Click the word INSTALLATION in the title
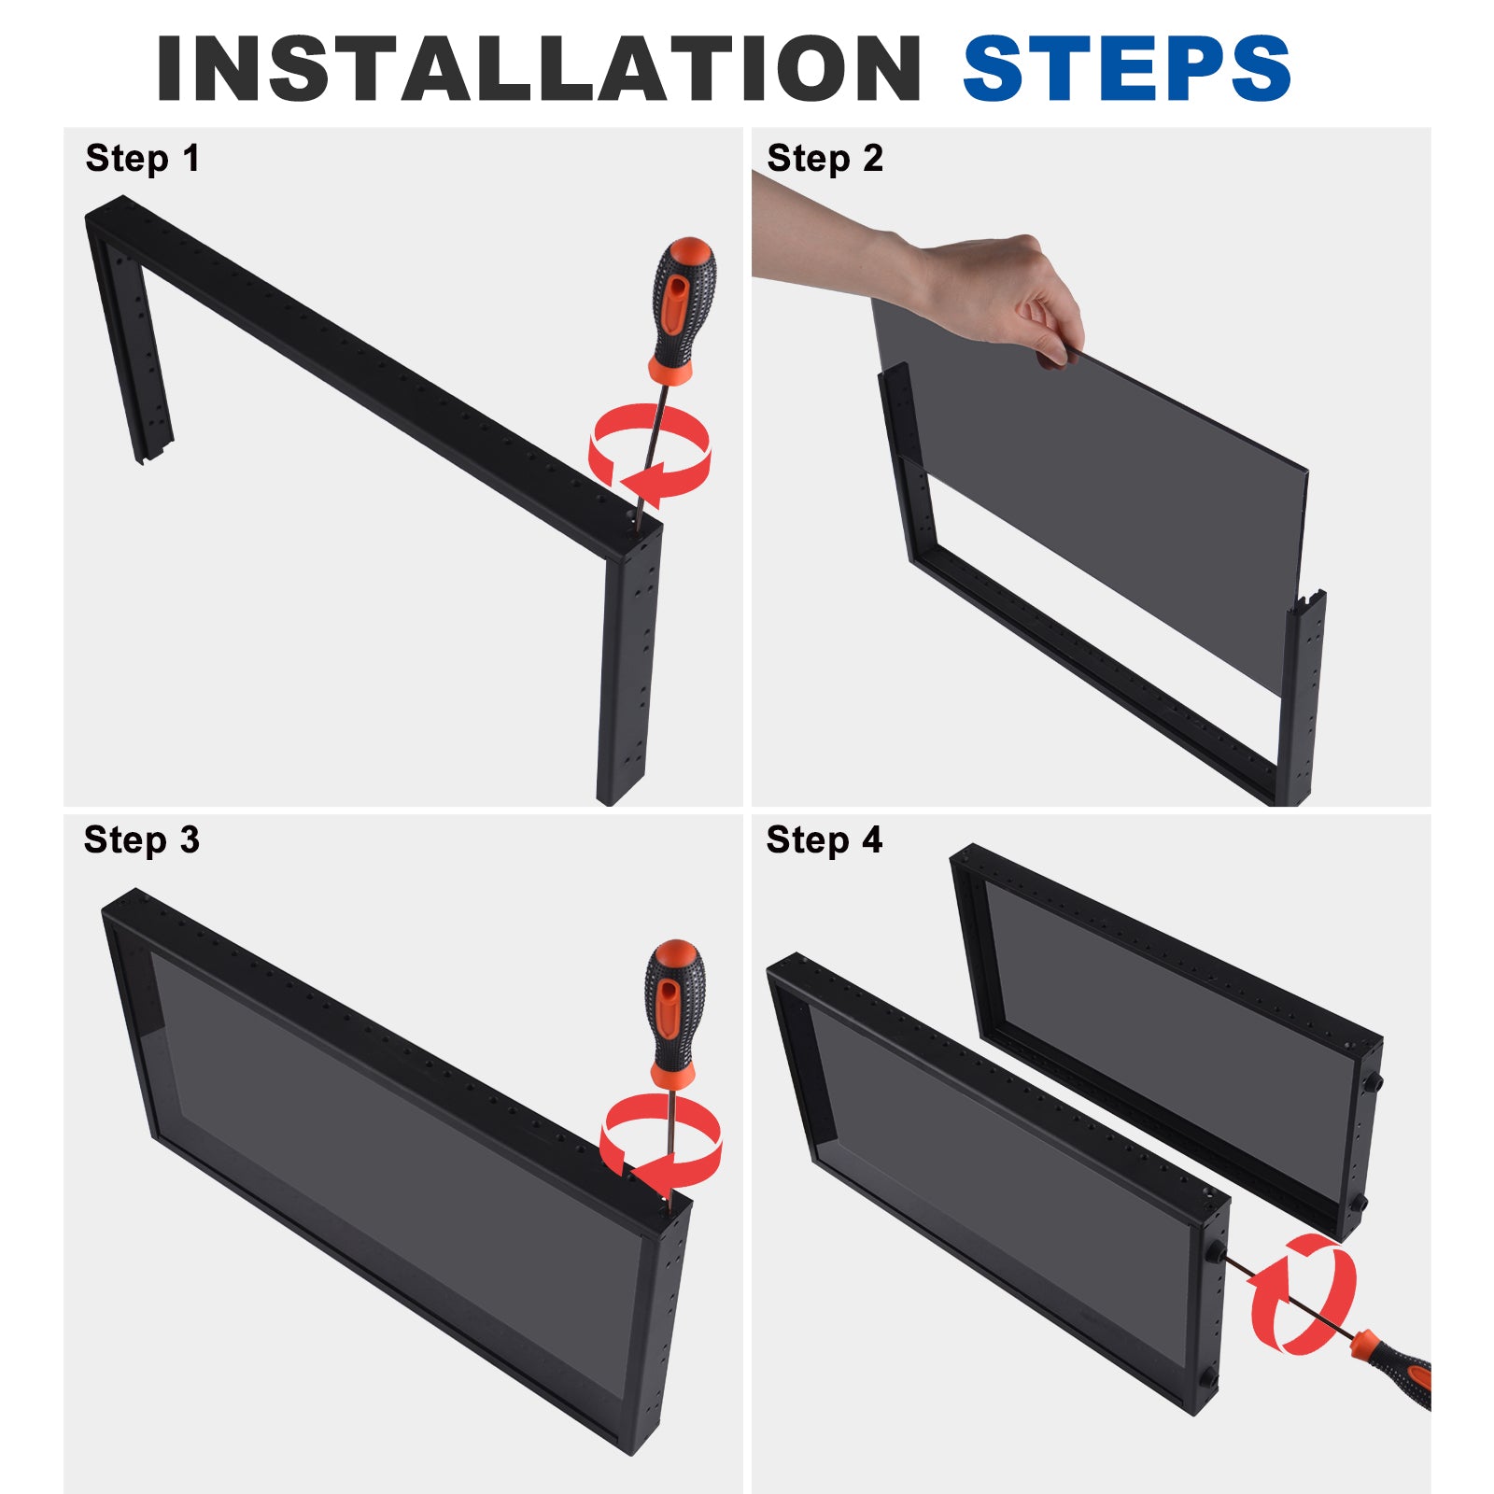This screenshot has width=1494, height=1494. (539, 68)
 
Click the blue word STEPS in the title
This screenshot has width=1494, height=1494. (1127, 68)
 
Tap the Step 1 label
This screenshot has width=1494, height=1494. (143, 159)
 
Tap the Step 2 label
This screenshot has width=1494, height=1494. (825, 159)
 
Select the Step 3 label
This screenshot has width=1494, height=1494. (142, 840)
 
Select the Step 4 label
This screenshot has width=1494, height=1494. (824, 840)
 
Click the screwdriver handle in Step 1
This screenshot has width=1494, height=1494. (683, 308)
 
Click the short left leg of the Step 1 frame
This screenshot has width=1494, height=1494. (131, 345)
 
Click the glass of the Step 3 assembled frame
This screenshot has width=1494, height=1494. (392, 1167)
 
